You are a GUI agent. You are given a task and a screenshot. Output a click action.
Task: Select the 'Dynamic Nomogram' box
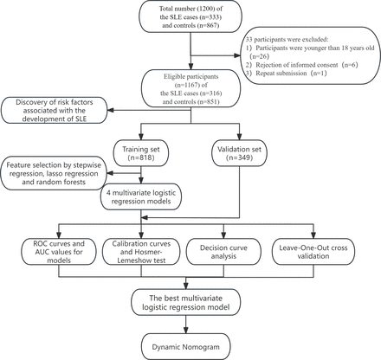tap(189, 346)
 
